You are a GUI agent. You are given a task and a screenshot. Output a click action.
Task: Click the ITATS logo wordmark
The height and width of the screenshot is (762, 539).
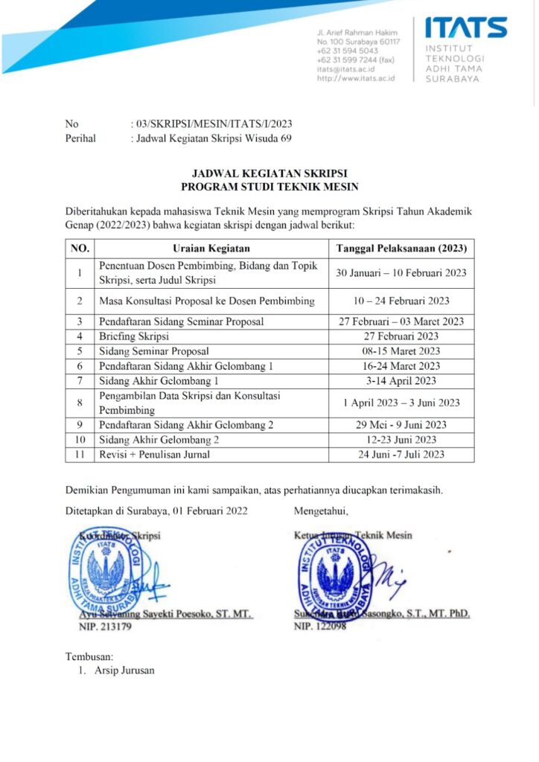[466, 28]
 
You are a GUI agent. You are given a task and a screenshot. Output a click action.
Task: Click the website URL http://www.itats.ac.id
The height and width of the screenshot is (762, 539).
[355, 77]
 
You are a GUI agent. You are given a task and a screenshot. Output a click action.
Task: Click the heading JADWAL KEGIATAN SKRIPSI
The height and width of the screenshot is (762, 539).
[269, 173]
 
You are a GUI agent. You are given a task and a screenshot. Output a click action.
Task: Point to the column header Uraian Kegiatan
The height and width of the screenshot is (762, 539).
[211, 249]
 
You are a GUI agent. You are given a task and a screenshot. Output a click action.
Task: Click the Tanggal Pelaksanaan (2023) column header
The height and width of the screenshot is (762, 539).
[401, 249]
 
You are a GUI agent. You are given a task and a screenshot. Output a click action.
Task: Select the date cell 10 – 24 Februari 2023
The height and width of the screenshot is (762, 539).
[401, 301]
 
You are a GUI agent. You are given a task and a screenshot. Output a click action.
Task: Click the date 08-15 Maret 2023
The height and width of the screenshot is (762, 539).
[401, 350]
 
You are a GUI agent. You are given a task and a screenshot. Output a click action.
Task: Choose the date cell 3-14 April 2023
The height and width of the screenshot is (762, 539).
[401, 380]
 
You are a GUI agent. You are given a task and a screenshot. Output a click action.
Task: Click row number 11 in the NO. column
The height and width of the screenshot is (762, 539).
[79, 454]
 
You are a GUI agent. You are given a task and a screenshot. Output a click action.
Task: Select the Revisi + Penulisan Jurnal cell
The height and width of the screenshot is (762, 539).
[154, 454]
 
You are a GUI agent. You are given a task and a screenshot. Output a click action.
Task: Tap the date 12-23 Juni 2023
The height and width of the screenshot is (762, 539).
[401, 439]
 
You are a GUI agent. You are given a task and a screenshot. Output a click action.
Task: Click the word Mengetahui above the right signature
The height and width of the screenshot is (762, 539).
[321, 510]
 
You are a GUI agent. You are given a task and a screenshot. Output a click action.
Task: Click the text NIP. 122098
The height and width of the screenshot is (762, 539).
[320, 627]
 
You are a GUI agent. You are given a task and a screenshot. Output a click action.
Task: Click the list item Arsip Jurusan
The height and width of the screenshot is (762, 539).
[124, 670]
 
